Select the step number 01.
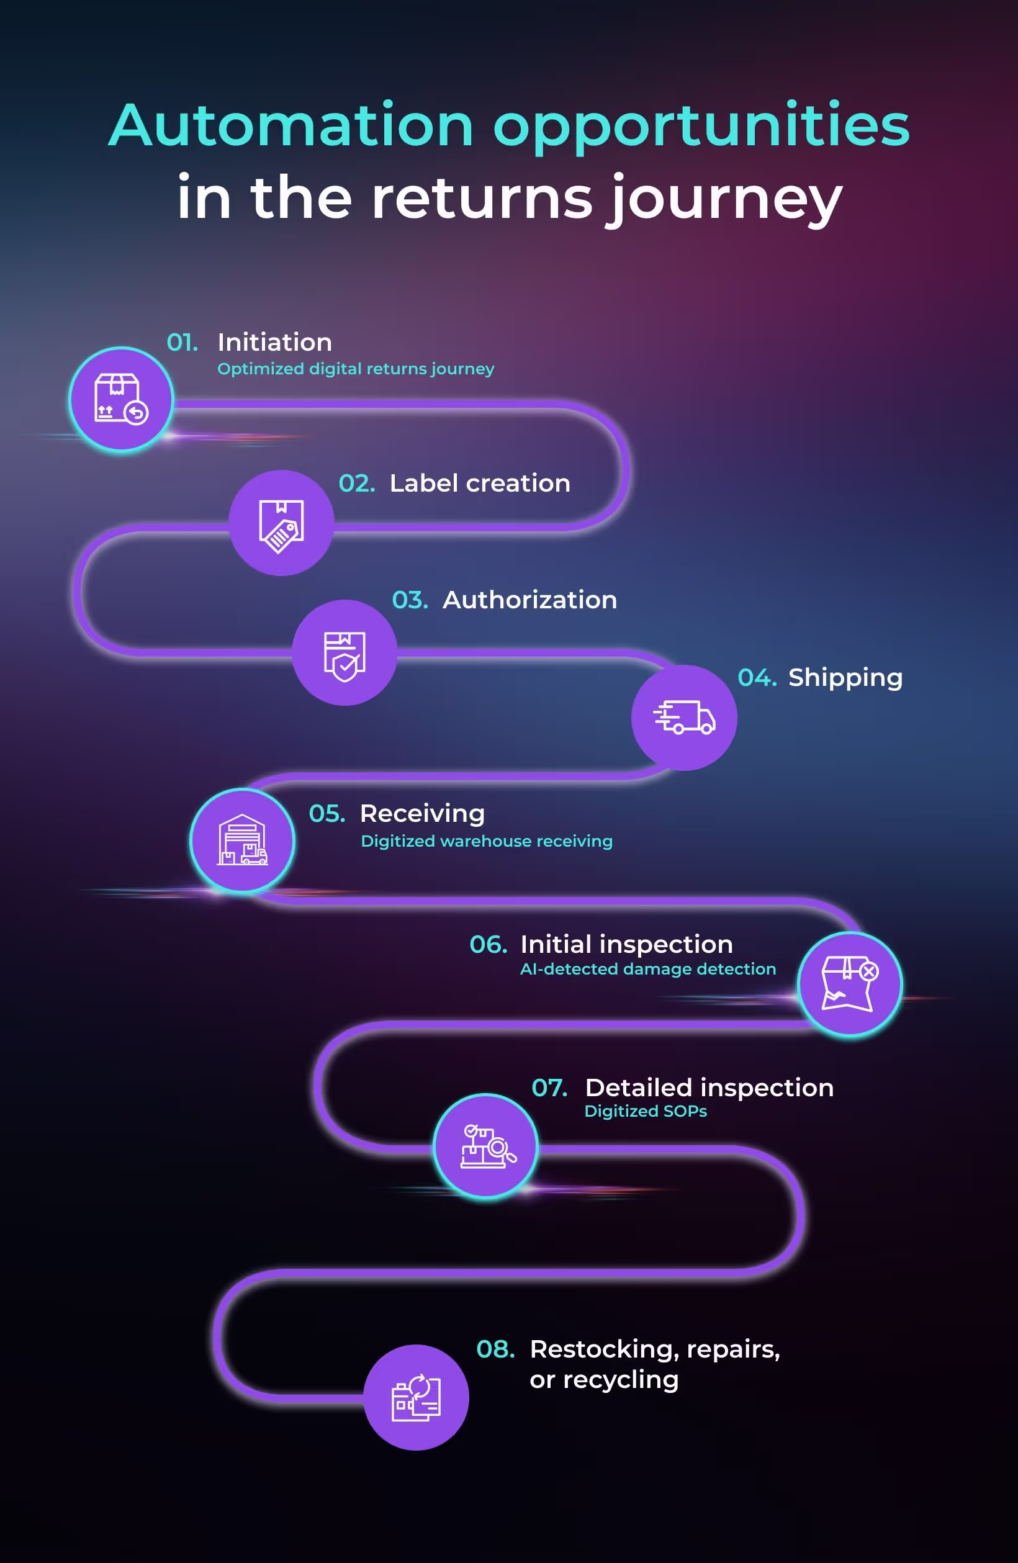point(182,342)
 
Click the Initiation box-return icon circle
point(122,399)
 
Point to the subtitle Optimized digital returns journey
point(355,369)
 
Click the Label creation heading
point(479,484)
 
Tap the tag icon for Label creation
point(281,523)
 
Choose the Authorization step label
point(529,600)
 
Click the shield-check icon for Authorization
point(344,653)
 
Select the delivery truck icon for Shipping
point(683,717)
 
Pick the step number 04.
point(757,678)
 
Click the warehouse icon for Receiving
point(242,840)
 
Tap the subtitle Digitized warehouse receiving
point(486,841)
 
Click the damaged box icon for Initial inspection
point(849,984)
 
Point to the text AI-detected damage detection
point(647,969)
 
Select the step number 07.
point(549,1088)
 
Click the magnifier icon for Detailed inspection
point(486,1146)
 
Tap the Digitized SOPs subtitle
point(645,1111)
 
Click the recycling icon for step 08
point(416,1397)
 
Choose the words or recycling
point(603,1380)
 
